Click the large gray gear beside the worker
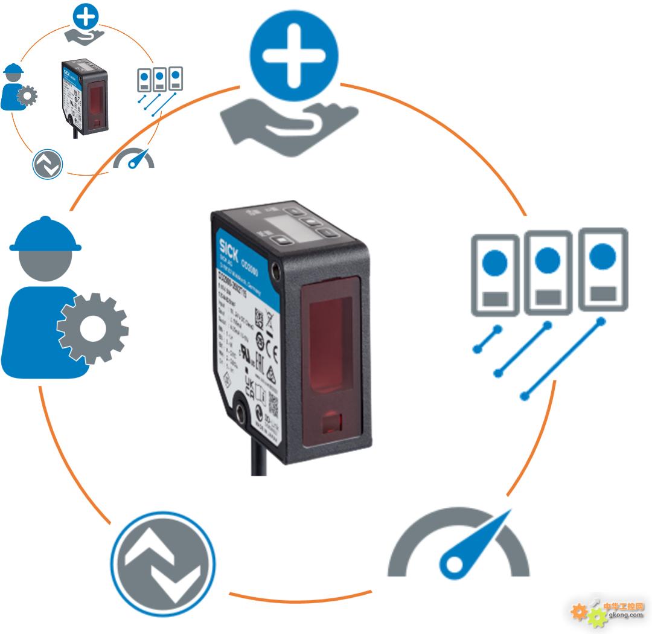click(x=92, y=328)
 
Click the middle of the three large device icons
click(x=548, y=272)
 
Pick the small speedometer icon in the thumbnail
click(x=134, y=159)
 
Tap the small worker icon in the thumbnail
click(x=17, y=88)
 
